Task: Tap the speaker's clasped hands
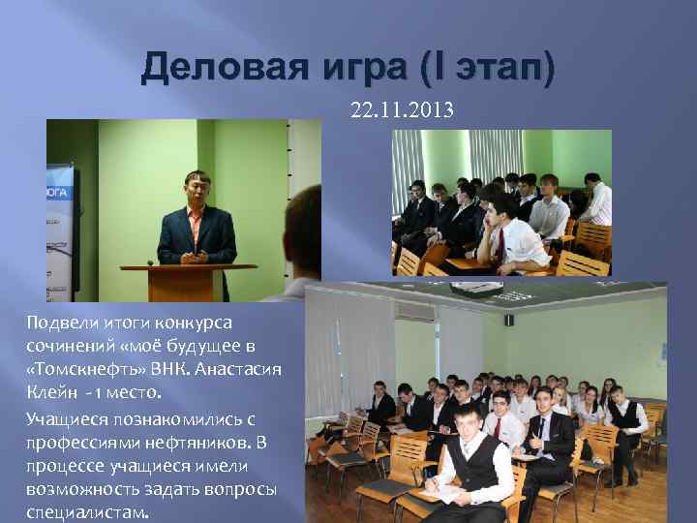click(195, 258)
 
